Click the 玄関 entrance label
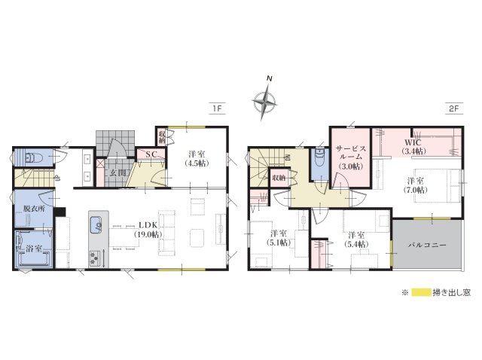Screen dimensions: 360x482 pos(118,173)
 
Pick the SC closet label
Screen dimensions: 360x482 pos(150,155)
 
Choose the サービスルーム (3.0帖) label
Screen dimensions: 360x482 pos(351,156)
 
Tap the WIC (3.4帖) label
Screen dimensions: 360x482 pos(413,146)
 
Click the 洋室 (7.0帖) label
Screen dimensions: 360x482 pos(416,185)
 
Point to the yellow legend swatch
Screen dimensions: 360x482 pos(417,292)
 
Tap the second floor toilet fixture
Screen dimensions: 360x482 pos(319,160)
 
